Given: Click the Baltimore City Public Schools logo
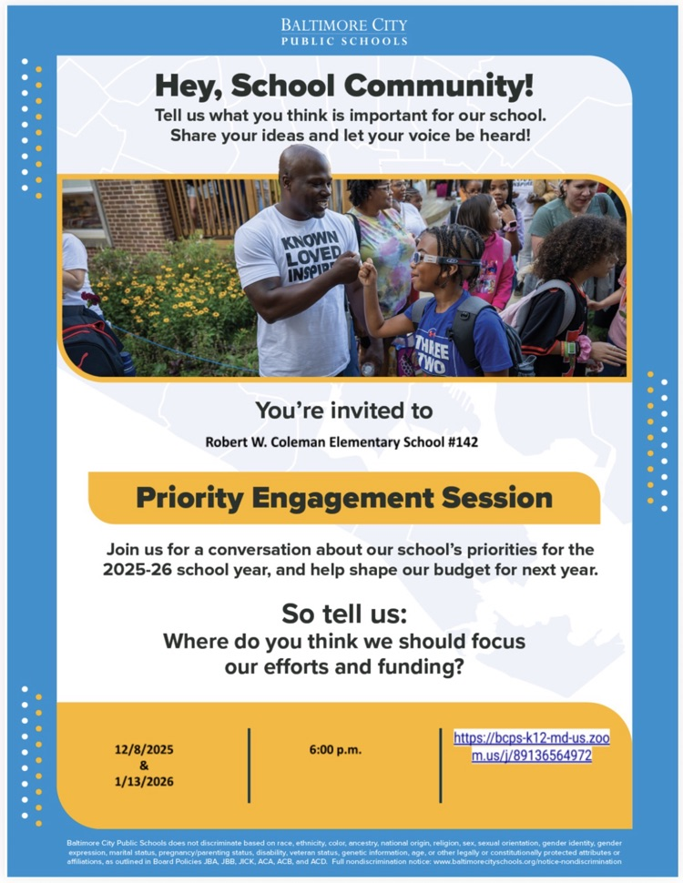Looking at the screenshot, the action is click(344, 32).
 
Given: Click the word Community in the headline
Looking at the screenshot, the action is click(438, 85).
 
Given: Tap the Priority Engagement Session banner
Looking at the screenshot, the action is click(344, 498).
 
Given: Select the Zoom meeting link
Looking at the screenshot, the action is click(532, 746).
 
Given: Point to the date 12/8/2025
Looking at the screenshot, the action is click(144, 749).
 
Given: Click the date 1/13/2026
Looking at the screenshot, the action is click(144, 782).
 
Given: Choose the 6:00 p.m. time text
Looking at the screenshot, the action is click(335, 749).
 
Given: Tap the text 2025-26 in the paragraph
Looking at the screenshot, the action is click(137, 570).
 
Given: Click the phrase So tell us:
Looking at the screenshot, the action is click(344, 614).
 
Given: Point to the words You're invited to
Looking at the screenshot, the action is click(344, 411).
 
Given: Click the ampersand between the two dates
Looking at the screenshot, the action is click(144, 766).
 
